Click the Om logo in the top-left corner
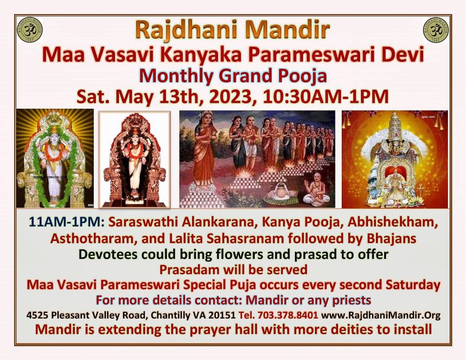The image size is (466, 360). point(30,29)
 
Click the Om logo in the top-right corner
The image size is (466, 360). point(436,29)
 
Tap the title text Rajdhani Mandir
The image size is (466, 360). point(232,30)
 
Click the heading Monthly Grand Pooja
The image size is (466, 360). point(233,76)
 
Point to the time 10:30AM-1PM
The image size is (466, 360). point(327,96)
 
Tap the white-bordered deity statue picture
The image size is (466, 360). point(134,159)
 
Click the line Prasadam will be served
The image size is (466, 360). point(233,269)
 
